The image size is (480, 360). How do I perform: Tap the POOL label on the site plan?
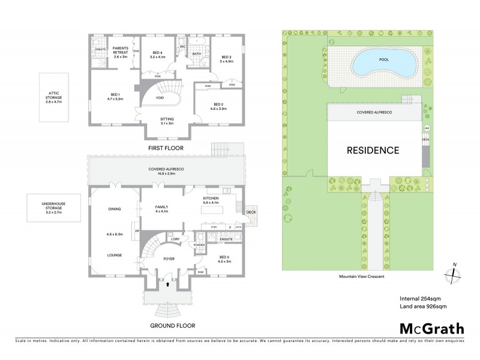tap(383, 60)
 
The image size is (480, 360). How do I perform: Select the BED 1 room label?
tap(115, 96)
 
